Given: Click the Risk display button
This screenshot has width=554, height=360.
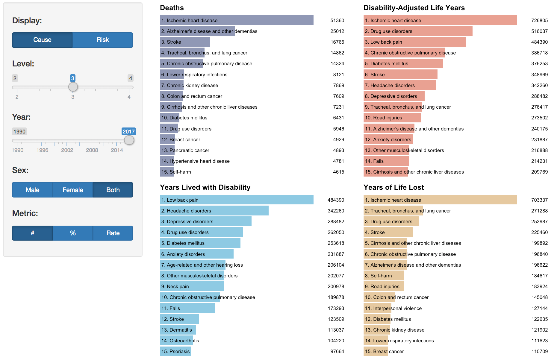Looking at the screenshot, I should (103, 40).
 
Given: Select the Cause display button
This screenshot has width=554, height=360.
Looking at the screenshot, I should (42, 40).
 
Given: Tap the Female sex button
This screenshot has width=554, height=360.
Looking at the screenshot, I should (73, 190).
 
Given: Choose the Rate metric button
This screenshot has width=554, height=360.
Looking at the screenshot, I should (113, 233).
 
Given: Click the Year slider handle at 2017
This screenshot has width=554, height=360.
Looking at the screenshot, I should (129, 140).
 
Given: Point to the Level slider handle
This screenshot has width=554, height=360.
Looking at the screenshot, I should (73, 87).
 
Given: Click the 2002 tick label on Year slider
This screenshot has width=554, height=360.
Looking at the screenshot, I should (67, 150).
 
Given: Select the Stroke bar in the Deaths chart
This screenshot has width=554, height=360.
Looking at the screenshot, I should (185, 42).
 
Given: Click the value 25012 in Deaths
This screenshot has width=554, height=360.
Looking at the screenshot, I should (337, 31).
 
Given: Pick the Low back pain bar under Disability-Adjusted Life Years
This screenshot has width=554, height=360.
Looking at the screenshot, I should (414, 42).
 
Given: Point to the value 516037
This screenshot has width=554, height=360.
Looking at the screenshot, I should (539, 31).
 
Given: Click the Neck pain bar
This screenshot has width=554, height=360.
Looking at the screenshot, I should (192, 286).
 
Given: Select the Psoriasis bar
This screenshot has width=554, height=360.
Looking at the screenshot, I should (175, 351).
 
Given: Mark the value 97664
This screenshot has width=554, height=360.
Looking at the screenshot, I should (337, 351).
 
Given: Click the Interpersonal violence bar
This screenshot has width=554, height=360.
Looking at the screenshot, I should (378, 308).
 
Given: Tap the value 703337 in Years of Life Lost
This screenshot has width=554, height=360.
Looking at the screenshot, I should (539, 200).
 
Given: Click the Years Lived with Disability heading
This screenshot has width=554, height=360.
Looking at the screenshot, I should (205, 187).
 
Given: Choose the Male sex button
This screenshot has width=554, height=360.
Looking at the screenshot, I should (32, 190).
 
